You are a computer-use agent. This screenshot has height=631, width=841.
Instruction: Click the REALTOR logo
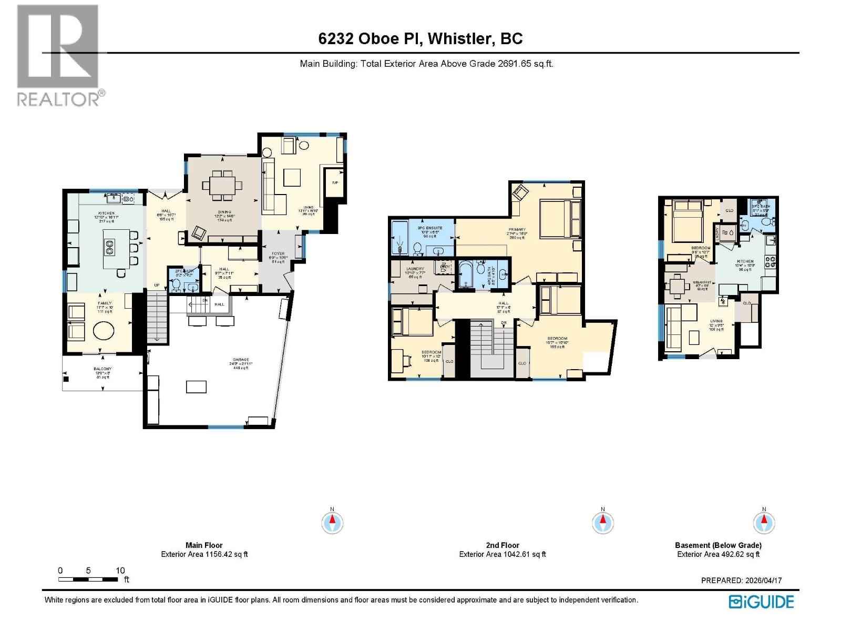click(58, 55)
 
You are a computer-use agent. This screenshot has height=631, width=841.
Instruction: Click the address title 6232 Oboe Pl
click(420, 38)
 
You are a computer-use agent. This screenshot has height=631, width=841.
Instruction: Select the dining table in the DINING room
click(223, 185)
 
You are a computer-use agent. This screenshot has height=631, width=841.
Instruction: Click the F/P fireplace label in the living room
click(335, 182)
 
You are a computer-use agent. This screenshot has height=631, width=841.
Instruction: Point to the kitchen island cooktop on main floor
click(110, 247)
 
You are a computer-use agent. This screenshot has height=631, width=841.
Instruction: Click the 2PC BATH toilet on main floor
click(177, 286)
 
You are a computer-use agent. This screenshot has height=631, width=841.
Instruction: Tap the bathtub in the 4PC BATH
click(466, 274)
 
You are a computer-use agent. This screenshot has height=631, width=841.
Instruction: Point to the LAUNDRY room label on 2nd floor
click(415, 269)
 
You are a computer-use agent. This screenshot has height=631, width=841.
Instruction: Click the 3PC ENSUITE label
click(430, 228)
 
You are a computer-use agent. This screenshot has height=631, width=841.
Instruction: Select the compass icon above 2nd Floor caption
click(602, 523)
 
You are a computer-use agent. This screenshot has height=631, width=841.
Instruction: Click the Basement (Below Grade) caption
click(718, 545)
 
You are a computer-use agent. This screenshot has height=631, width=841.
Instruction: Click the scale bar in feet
click(88, 579)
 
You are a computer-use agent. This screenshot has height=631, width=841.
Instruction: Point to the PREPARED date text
click(741, 581)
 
